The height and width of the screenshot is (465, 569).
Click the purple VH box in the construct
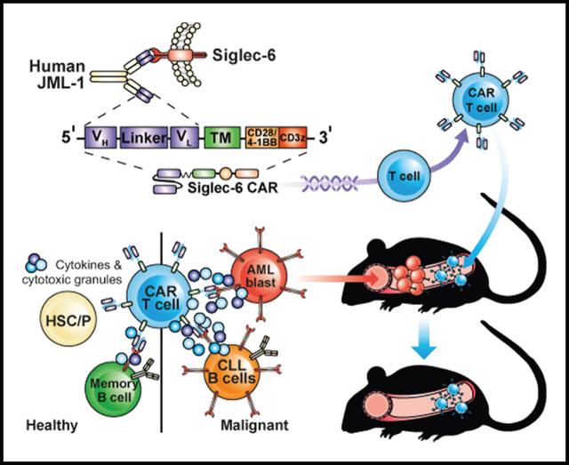pyautogui.click(x=100, y=137)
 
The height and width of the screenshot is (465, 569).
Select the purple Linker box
pyautogui.click(x=144, y=137)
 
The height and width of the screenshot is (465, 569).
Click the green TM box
pyautogui.click(x=221, y=137)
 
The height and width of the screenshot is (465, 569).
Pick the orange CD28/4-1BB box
pyautogui.click(x=262, y=137)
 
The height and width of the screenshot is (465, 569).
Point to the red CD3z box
pyautogui.click(x=293, y=137)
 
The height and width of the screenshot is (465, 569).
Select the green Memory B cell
pyautogui.click(x=113, y=389)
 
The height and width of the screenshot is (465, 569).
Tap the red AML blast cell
pyautogui.click(x=260, y=276)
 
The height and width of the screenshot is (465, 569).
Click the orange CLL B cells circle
pyautogui.click(x=232, y=372)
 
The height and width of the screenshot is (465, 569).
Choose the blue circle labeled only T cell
pyautogui.click(x=405, y=177)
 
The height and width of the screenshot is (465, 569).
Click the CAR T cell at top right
pyautogui.click(x=480, y=100)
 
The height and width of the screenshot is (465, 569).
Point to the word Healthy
pyautogui.click(x=52, y=425)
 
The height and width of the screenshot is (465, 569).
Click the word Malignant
pyautogui.click(x=255, y=425)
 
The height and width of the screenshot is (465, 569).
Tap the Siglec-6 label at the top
pyautogui.click(x=244, y=55)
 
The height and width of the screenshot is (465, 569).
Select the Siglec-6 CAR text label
pyautogui.click(x=233, y=188)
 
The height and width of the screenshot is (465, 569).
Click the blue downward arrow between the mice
pyautogui.click(x=424, y=339)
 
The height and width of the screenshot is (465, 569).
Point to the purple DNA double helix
pyautogui.click(x=328, y=182)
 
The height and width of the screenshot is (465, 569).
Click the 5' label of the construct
pyautogui.click(x=68, y=137)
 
